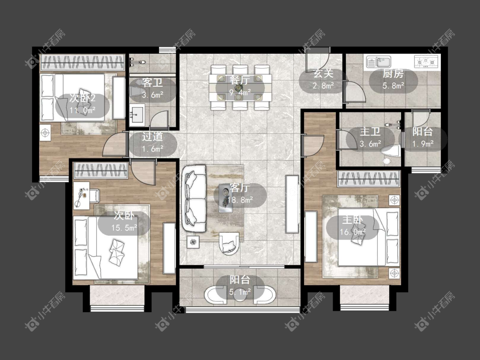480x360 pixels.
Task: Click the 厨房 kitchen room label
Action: pos(393,73)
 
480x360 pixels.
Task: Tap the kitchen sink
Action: pos(379,62)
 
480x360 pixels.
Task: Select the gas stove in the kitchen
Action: pos(426,61)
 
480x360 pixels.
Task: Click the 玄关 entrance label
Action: pos(323,73)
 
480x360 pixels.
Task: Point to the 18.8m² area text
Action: pos(240,200)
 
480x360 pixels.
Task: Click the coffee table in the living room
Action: pos(226,200)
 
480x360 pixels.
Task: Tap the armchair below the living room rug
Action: pos(229,243)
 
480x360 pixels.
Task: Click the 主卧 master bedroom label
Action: pos(353,220)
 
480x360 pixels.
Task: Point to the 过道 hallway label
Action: pos(152,137)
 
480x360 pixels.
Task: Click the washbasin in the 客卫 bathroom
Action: pos(137,114)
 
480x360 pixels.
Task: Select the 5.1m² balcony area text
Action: pos(240,292)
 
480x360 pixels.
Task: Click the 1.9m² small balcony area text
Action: pos(423,143)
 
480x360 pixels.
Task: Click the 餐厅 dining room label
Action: pos(240,80)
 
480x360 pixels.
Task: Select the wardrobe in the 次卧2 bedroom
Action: pos(82,62)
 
